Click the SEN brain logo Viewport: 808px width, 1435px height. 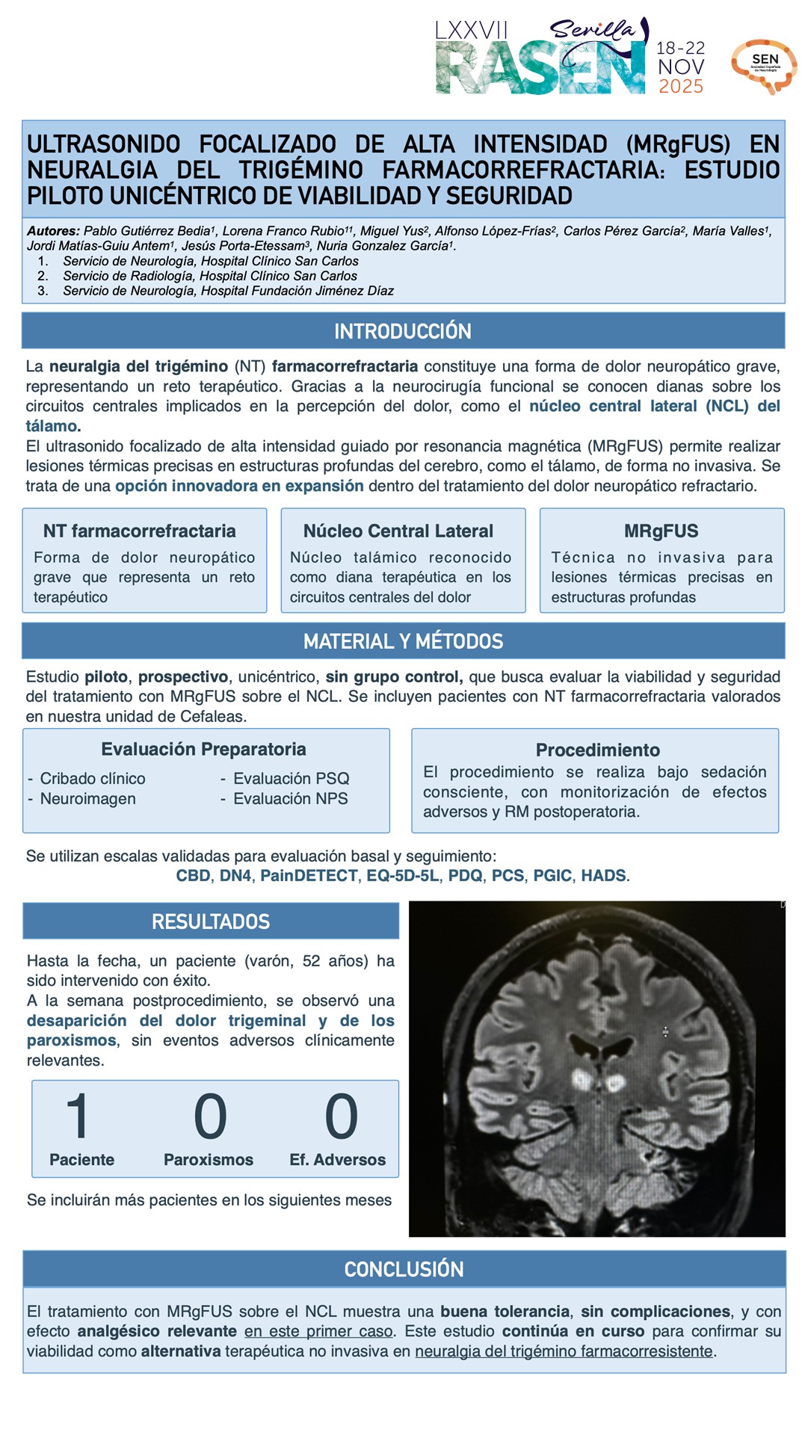pyautogui.click(x=764, y=66)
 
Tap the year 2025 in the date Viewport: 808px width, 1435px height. pyautogui.click(x=681, y=87)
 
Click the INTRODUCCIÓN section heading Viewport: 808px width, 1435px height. pyautogui.click(x=403, y=331)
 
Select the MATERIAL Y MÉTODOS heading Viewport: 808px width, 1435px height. pyautogui.click(x=403, y=641)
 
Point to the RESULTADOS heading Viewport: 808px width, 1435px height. pyautogui.click(x=211, y=922)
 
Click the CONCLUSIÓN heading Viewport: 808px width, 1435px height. pyautogui.click(x=404, y=1269)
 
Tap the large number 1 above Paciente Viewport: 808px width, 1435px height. pyautogui.click(x=78, y=1116)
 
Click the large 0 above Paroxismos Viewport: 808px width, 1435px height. pyautogui.click(x=210, y=1116)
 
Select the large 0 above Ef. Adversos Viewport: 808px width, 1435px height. pyautogui.click(x=341, y=1116)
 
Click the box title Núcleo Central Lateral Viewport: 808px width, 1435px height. pyautogui.click(x=398, y=531)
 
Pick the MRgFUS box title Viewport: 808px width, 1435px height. pyautogui.click(x=661, y=531)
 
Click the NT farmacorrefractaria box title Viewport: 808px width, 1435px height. pyautogui.click(x=140, y=531)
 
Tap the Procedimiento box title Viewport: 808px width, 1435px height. pyautogui.click(x=597, y=750)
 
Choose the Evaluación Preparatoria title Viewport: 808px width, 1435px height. pyautogui.click(x=204, y=749)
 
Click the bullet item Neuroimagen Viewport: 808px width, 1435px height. pyautogui.click(x=88, y=799)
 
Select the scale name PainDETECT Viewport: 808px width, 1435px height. pyautogui.click(x=309, y=875)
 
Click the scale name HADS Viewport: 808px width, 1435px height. pyautogui.click(x=603, y=875)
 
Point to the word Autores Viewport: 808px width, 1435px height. pyautogui.click(x=53, y=231)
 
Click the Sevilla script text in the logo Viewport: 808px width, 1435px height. pyautogui.click(x=593, y=30)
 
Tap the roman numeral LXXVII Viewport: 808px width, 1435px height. pyautogui.click(x=472, y=31)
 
